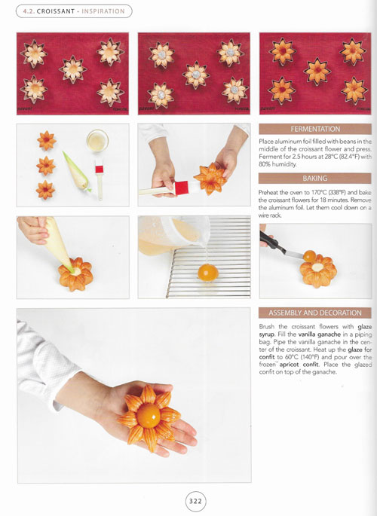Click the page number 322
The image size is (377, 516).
point(195,501)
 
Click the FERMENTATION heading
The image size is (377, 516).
point(315,129)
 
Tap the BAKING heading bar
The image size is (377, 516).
point(315,179)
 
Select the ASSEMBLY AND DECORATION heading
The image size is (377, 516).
point(315,313)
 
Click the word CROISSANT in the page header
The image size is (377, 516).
point(56,11)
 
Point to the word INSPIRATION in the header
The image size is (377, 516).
point(103,11)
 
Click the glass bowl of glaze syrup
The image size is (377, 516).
point(97,141)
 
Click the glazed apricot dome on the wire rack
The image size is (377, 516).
point(208,273)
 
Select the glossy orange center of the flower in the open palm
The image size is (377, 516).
point(149,416)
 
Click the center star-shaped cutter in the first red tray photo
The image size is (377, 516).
point(73,69)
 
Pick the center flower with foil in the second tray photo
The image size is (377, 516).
point(196,75)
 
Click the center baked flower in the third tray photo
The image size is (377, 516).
point(317,71)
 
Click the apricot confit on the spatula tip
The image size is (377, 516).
point(310,256)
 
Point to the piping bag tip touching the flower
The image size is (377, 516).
point(71,270)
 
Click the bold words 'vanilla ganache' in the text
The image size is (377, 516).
point(320,334)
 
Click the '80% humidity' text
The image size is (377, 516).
point(277,164)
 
